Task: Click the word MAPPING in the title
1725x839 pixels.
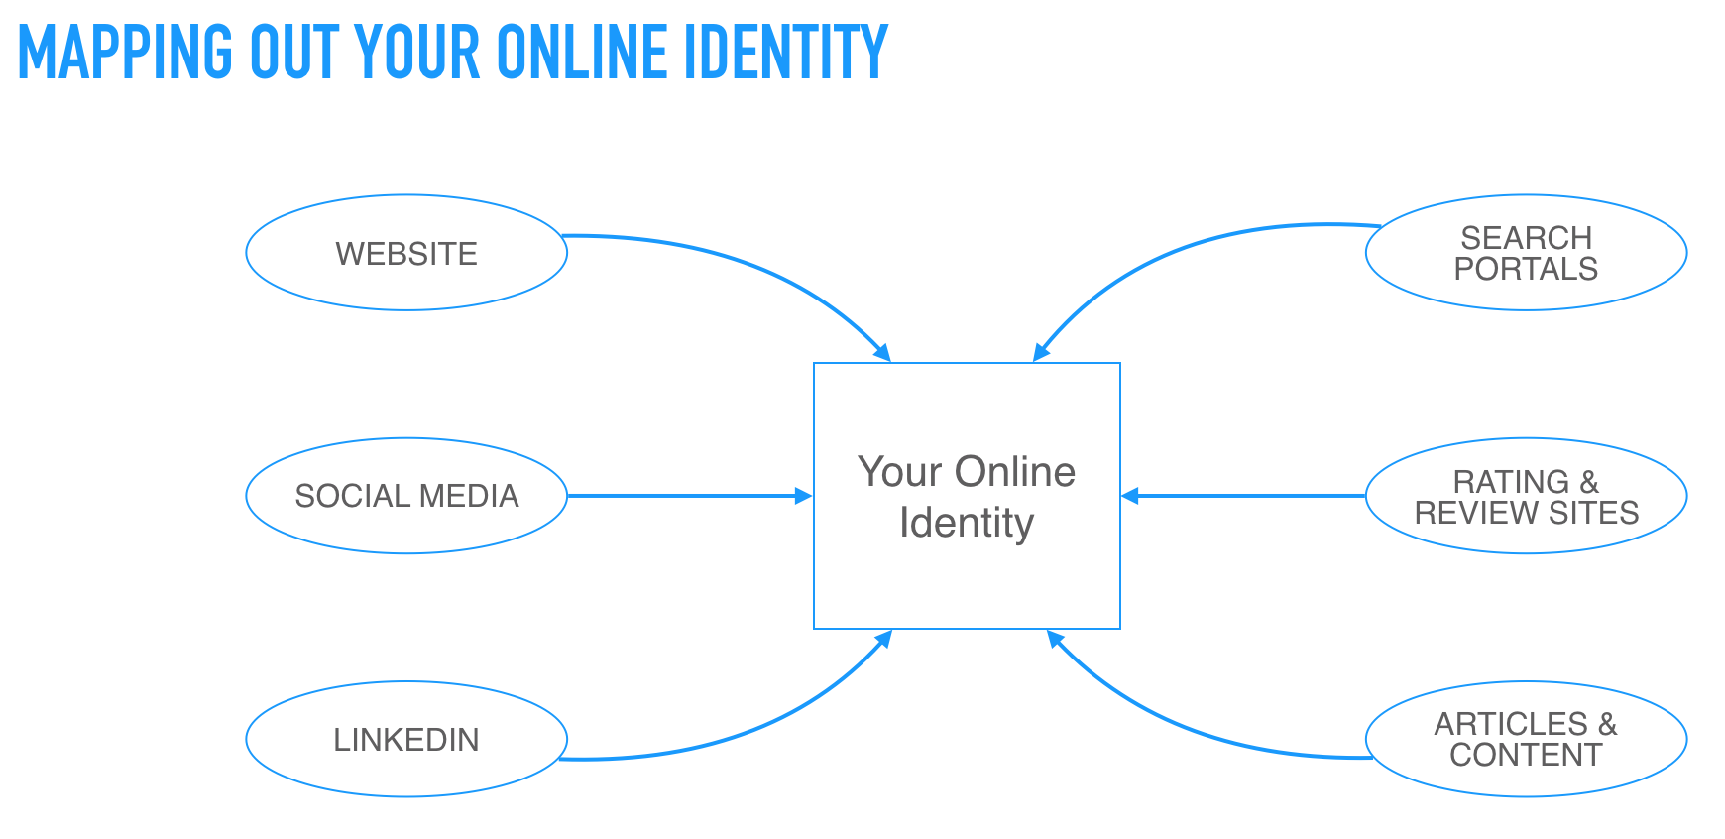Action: coord(126,53)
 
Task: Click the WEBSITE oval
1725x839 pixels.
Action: coord(406,253)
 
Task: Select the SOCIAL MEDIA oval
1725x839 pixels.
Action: coord(406,496)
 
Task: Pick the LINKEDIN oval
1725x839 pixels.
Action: coord(406,739)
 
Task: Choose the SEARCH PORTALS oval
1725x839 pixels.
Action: coord(1527,253)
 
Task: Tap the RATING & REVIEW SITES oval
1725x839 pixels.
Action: coord(1527,496)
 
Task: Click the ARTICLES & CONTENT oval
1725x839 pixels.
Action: coord(1527,739)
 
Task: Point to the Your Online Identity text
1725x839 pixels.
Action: coord(967,497)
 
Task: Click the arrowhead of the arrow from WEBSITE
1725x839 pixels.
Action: coord(882,352)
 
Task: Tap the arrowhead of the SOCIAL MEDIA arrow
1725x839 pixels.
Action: coord(804,496)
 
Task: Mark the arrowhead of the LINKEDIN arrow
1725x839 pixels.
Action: coord(882,640)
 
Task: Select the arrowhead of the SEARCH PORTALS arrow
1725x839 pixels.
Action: coord(1042,352)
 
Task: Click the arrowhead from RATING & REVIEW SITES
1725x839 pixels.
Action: coord(1130,496)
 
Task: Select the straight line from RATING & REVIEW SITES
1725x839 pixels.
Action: coord(1243,496)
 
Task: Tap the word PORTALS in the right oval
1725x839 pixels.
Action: coord(1526,269)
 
